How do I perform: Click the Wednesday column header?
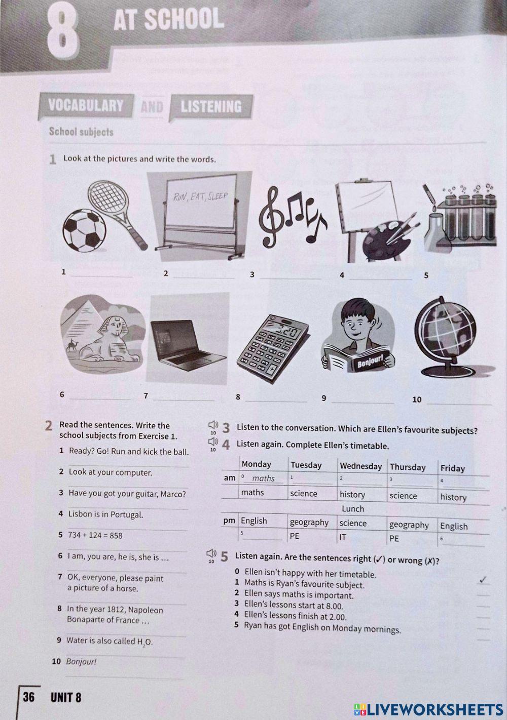tap(360, 466)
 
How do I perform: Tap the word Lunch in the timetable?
tap(353, 509)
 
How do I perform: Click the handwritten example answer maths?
tap(263, 478)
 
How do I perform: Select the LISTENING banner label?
tap(211, 107)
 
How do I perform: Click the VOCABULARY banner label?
tap(86, 105)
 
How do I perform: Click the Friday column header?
tap(453, 468)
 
